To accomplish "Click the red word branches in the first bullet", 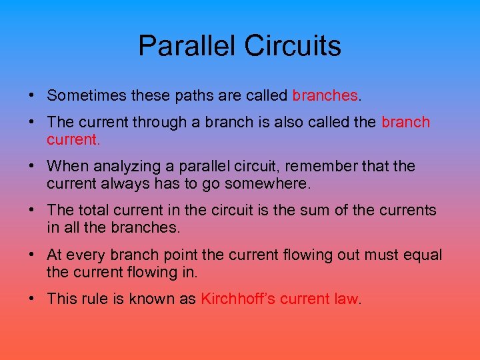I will pyautogui.click(x=325, y=95).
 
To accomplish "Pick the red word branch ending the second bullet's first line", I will pyautogui.click(x=405, y=122).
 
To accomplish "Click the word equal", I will pyautogui.click(x=422, y=255).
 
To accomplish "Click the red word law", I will pyautogui.click(x=346, y=299).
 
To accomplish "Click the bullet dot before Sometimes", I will pyautogui.click(x=33, y=95).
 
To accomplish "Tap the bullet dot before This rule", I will pyautogui.click(x=33, y=299).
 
